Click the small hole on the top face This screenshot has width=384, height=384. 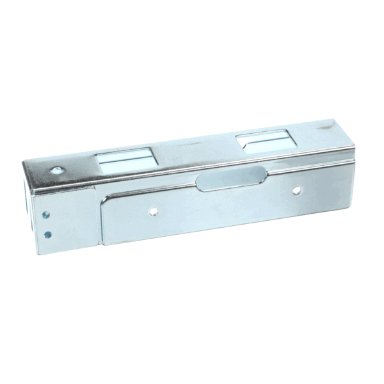click(x=56, y=170)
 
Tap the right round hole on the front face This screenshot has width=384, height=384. click(x=297, y=190)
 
